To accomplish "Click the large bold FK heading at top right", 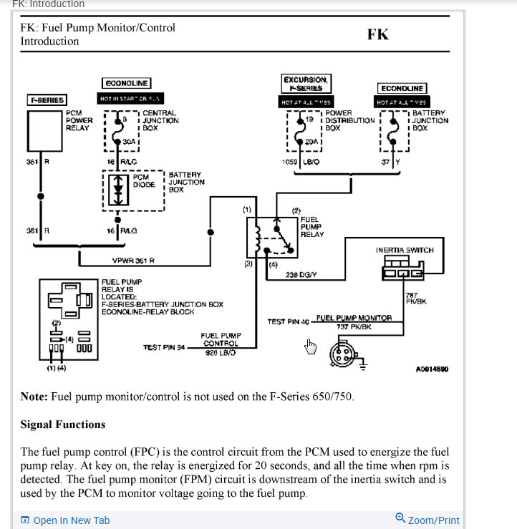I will (x=377, y=34).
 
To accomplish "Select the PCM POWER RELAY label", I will (x=79, y=120).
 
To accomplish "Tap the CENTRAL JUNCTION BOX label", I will (x=160, y=120).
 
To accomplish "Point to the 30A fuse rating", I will (x=129, y=142).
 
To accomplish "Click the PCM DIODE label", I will (x=144, y=180).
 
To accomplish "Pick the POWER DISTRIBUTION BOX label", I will (x=349, y=120).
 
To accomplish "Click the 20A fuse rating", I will (x=311, y=142).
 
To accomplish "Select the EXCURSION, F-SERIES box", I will (x=306, y=84).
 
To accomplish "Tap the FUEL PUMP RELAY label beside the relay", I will (x=312, y=227).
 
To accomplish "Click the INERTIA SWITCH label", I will (x=405, y=251).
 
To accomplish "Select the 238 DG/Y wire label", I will (x=301, y=274).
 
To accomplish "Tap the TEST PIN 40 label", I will (x=288, y=321).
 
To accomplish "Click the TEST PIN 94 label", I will (x=163, y=348).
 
